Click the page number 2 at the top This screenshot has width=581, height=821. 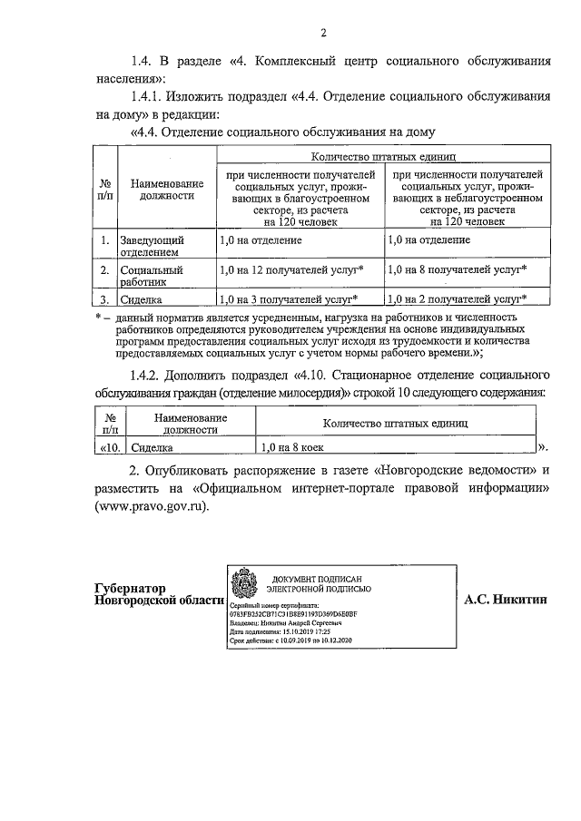tap(322, 34)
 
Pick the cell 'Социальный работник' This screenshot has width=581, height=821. tap(153, 276)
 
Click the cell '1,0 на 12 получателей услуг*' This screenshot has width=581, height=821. tap(291, 269)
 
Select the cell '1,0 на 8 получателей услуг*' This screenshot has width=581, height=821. tap(457, 269)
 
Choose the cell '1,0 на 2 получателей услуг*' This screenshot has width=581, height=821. tap(457, 298)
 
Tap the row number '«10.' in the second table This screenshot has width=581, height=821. tap(110, 447)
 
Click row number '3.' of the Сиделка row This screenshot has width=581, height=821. tap(106, 299)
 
